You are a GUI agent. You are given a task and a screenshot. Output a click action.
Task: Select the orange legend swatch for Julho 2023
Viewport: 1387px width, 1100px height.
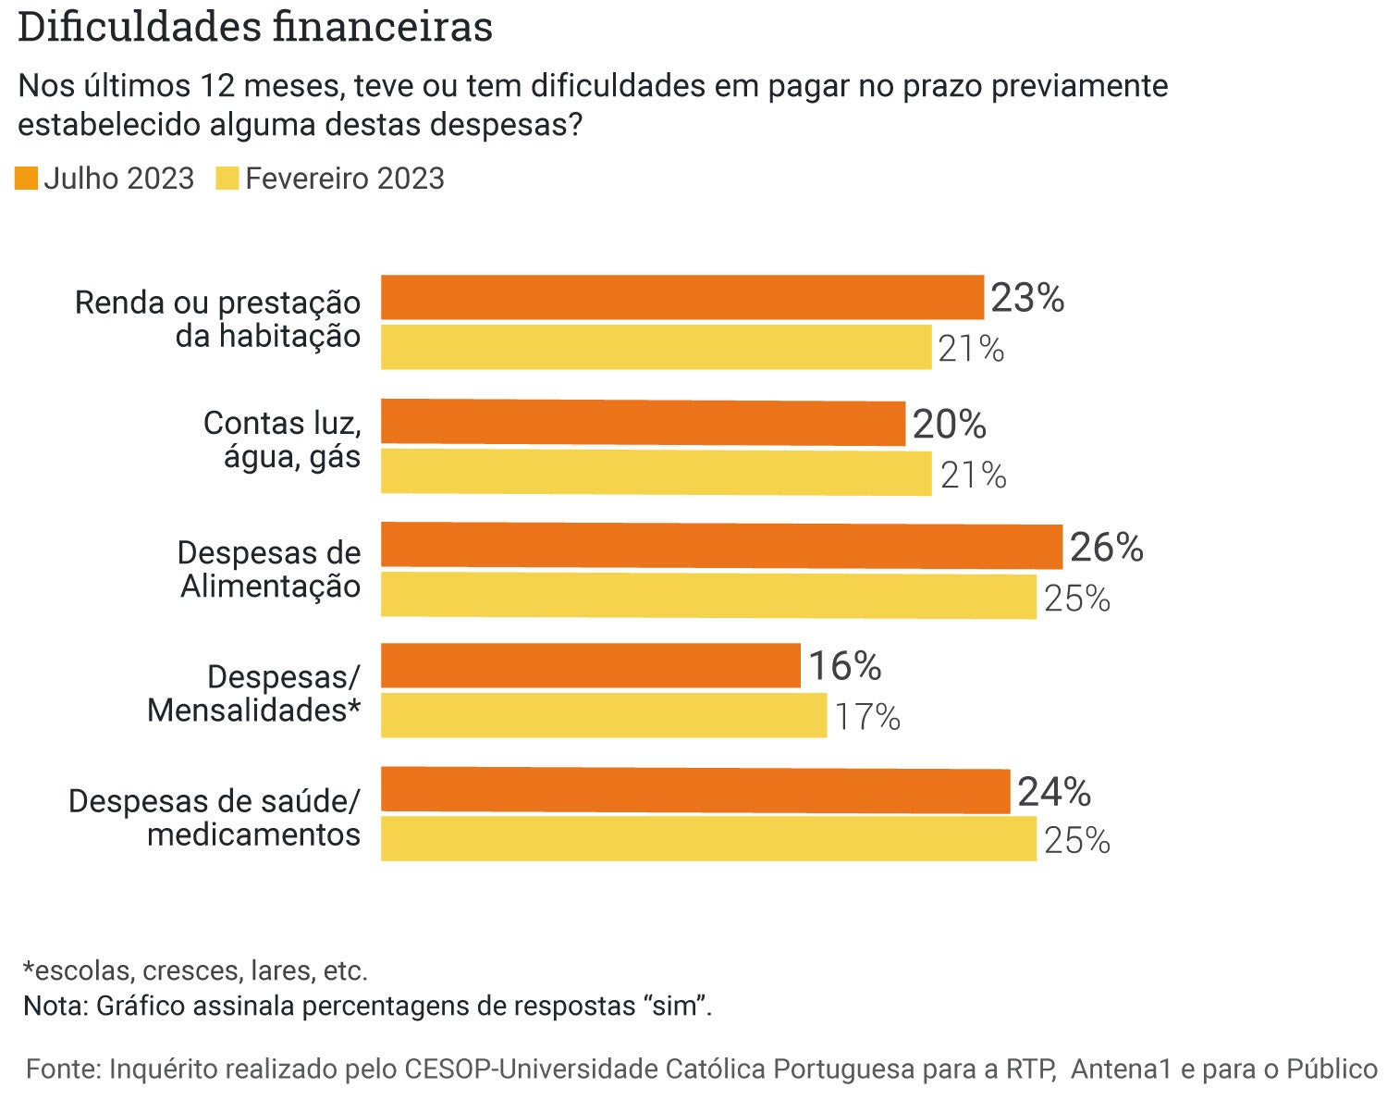click(x=26, y=178)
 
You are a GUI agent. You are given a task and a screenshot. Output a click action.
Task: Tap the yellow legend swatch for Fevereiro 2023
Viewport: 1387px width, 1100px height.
click(x=227, y=178)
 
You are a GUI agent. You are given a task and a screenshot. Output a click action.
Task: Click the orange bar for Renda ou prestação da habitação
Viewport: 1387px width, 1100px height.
click(x=681, y=297)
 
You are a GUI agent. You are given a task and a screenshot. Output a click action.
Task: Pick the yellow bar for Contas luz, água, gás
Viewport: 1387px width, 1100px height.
click(x=656, y=472)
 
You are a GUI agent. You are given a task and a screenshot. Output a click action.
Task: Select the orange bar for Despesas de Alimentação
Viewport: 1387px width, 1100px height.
click(x=721, y=546)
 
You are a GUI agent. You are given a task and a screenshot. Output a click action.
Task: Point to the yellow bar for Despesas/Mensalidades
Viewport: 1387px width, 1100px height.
click(x=603, y=715)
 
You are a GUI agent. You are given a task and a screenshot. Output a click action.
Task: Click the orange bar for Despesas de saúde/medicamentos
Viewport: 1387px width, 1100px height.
click(x=694, y=790)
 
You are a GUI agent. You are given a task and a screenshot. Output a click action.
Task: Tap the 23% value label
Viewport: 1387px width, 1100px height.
click(x=1027, y=298)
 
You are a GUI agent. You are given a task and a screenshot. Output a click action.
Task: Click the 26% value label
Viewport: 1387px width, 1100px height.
click(x=1106, y=548)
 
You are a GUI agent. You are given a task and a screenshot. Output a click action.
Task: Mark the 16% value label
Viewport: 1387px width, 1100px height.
click(x=844, y=666)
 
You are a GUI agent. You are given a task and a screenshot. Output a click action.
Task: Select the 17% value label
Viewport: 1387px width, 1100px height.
click(x=867, y=717)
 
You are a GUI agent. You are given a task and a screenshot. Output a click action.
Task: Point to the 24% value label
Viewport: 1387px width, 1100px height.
click(x=1054, y=793)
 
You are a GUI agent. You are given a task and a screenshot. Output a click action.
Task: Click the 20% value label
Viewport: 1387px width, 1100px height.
click(x=949, y=425)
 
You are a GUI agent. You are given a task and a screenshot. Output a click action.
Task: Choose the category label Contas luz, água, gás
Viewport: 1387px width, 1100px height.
click(x=282, y=439)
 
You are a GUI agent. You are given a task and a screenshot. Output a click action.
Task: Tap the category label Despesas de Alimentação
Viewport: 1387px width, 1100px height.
click(x=269, y=569)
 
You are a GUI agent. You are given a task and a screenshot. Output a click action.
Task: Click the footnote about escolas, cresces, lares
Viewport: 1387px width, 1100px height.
click(x=195, y=970)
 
